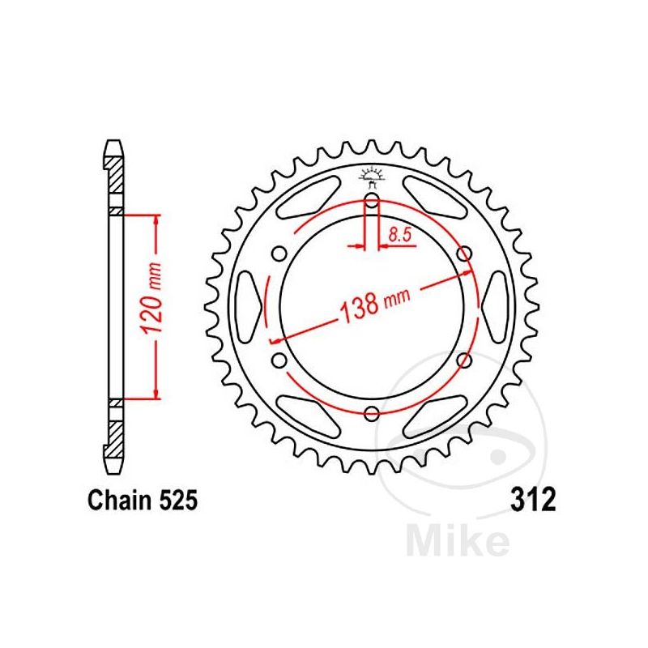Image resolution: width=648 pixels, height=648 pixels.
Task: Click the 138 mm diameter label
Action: [369, 305]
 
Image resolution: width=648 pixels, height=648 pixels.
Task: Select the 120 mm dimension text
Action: [156, 308]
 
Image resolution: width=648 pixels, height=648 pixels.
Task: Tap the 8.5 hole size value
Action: [399, 236]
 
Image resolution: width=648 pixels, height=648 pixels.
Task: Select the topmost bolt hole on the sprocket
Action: [372, 202]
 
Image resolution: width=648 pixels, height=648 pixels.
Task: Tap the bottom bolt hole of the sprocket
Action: [372, 414]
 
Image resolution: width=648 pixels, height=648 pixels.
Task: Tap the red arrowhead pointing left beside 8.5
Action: [384, 245]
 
